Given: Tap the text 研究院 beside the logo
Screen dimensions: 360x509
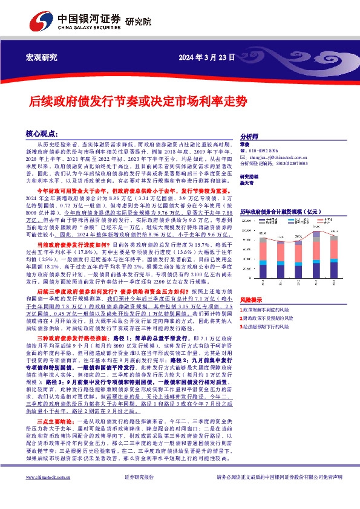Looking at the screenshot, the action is pyautogui.click(x=137, y=24).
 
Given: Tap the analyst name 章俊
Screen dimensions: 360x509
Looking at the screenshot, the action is pyautogui.click(x=244, y=144).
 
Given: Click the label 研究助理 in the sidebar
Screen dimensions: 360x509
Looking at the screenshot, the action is pyautogui.click(x=248, y=177).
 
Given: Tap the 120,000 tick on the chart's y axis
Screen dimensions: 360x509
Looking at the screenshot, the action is pyautogui.click(x=247, y=221).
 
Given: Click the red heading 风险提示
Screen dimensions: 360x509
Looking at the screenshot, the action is pyautogui.click(x=250, y=300).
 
